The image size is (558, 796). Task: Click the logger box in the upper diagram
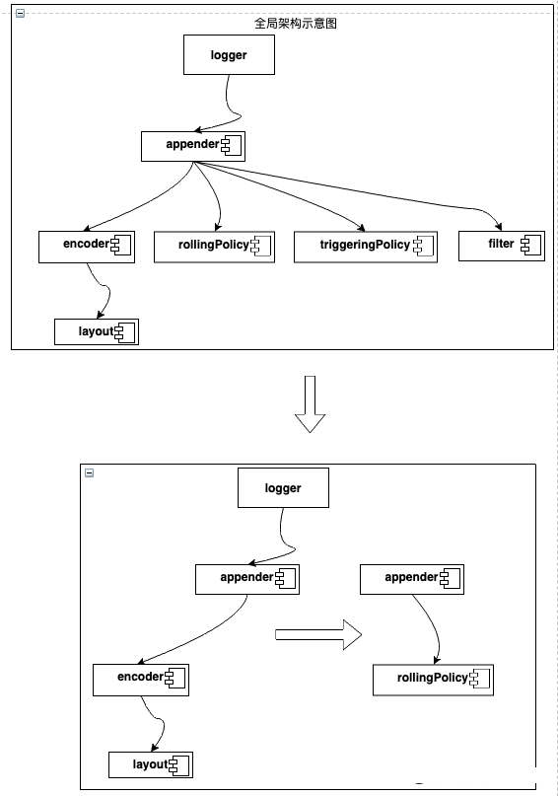(229, 55)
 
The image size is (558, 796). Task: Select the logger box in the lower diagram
(283, 488)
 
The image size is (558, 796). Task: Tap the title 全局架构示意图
(295, 24)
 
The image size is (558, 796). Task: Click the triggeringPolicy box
(365, 248)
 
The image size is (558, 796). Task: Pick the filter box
(501, 247)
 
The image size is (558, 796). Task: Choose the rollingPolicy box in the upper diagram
(214, 248)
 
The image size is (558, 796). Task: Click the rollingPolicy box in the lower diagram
(433, 680)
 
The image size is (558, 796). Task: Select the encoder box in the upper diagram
(87, 248)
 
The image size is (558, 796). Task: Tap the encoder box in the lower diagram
(141, 680)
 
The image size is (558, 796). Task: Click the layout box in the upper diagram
(97, 332)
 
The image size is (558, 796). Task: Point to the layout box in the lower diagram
(151, 765)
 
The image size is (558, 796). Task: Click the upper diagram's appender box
(193, 147)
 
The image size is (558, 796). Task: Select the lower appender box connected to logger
(247, 579)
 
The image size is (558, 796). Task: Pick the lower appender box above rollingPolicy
(412, 579)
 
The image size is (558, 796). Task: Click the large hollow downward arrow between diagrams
(310, 404)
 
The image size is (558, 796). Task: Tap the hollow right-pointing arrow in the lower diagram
(318, 634)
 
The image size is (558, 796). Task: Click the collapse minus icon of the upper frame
(21, 13)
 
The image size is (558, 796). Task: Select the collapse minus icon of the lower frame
(90, 472)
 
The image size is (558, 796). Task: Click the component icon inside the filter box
(530, 246)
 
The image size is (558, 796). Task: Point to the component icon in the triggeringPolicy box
(424, 246)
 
